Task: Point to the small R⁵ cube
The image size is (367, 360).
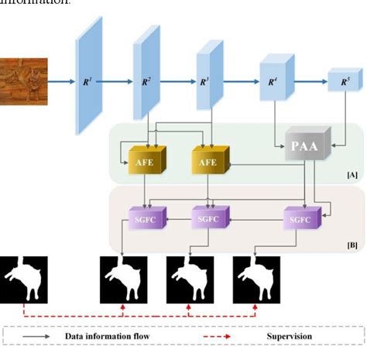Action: pos(338,81)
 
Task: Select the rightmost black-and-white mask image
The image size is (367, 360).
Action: pos(256,279)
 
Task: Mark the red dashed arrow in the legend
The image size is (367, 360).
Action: pos(223,336)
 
